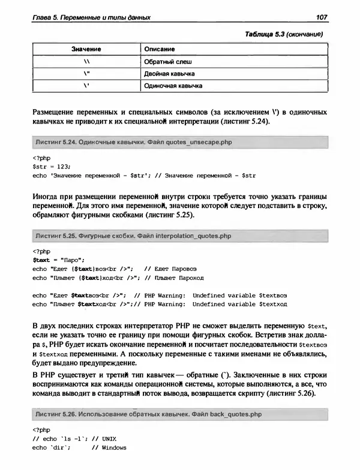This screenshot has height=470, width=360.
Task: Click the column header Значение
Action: [x=85, y=48]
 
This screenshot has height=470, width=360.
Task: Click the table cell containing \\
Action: [x=86, y=61]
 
